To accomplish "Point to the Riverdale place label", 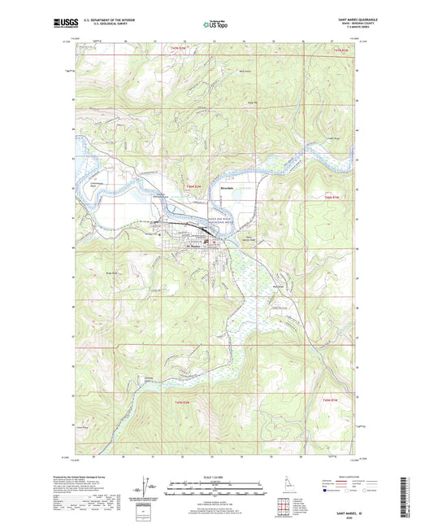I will pos(227,189).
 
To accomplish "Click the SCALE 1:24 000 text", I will pos(216,476).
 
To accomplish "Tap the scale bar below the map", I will pos(216,490).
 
